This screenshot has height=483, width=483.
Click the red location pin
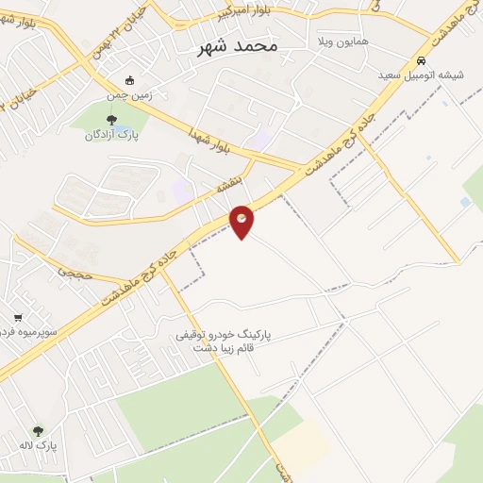242,219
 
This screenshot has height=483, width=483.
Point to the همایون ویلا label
342,43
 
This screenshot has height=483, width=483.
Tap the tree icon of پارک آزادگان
112,120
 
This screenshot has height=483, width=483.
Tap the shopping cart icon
18,319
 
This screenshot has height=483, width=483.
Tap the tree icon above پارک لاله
39,430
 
